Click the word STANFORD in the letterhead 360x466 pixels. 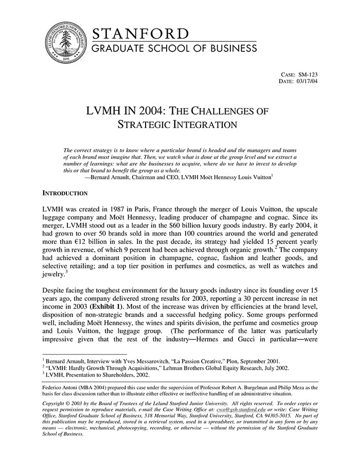[141, 34]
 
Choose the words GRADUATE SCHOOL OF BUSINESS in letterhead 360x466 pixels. [174, 49]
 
